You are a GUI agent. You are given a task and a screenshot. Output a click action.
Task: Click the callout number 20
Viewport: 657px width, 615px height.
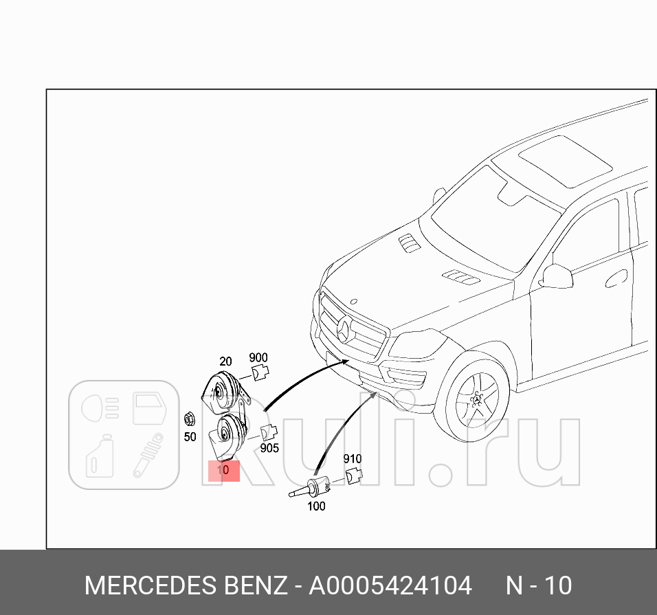coord(225,361)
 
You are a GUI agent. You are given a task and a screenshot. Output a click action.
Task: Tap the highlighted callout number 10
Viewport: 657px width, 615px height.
coord(223,471)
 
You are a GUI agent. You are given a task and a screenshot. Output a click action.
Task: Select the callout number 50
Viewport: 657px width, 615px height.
coord(189,436)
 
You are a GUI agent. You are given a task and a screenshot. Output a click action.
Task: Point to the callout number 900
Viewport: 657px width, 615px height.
coord(258,357)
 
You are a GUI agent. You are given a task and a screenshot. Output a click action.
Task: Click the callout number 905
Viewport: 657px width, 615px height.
coord(269,448)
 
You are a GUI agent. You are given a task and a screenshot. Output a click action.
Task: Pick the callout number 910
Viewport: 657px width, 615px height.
coord(352,459)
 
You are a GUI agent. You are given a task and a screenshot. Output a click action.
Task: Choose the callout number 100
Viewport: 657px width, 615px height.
coord(316,506)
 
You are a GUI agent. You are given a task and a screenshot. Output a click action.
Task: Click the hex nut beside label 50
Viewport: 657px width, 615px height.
coord(189,418)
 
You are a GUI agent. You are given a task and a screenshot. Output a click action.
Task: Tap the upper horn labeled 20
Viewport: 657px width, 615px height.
coord(222,390)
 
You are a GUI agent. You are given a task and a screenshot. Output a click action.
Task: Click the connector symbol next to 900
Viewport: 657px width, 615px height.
coord(259,372)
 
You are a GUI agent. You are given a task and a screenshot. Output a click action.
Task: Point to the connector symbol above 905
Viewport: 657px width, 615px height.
coord(269,432)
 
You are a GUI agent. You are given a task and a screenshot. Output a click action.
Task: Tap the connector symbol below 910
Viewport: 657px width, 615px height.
coord(353,475)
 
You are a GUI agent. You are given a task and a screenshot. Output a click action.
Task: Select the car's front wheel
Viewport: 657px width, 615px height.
coord(478,396)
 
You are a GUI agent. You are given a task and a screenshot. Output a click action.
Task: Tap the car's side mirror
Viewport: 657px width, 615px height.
coord(557,276)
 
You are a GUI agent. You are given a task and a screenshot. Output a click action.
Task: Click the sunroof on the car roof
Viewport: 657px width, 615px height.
coord(565,161)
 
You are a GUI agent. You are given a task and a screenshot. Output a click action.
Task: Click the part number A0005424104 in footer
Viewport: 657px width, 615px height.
coord(390,586)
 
